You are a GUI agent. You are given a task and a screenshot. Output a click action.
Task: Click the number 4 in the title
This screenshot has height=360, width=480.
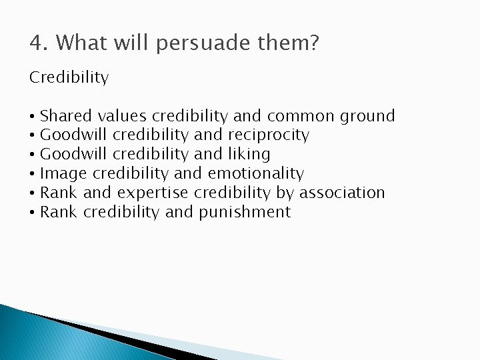coord(36,44)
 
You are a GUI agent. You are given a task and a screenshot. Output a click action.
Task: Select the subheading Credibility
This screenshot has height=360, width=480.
coord(69,78)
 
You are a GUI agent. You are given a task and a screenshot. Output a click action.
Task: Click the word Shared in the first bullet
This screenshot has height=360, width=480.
coord(66,116)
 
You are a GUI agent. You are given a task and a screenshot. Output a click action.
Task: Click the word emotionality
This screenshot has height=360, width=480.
coord(256,174)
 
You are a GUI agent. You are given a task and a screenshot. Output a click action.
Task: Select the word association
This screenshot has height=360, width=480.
coord(342,193)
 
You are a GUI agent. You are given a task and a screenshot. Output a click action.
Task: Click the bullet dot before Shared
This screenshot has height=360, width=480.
coord(33,117)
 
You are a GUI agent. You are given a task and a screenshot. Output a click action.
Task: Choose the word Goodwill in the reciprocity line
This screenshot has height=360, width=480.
coord(74,135)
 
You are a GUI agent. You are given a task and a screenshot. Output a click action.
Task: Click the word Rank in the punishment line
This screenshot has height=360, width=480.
coord(59,213)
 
